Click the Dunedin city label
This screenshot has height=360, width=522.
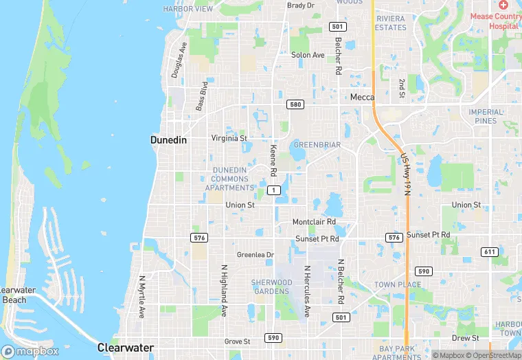[169, 139]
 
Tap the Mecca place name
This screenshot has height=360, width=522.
[362, 98]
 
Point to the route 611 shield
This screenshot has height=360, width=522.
[489, 252]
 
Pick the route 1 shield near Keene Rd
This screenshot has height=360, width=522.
[275, 190]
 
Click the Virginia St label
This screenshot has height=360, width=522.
[229, 138]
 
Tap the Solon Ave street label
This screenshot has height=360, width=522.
[307, 55]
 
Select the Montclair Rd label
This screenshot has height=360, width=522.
[314, 222]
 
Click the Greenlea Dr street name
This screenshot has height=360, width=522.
[255, 255]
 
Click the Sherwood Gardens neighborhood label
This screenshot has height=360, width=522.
[271, 286]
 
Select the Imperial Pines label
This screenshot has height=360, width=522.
[486, 116]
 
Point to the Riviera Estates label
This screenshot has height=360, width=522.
[391, 23]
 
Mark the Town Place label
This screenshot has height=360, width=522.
[398, 284]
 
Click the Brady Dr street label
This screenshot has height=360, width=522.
[300, 5]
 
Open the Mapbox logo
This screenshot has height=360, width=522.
[30, 351]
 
